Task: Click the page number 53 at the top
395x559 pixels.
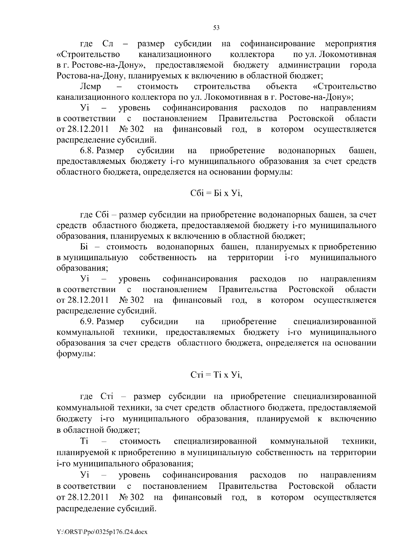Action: (216, 28)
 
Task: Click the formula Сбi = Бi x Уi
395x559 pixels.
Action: (216, 193)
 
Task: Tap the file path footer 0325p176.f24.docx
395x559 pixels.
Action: (102, 532)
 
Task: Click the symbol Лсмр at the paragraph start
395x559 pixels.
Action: (91, 87)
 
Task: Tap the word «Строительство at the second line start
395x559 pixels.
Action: (88, 54)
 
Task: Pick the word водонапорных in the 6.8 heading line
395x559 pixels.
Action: (307, 151)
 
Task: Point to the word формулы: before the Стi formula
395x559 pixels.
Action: (76, 354)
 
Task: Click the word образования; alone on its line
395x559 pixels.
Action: (82, 268)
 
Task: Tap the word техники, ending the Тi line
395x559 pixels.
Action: (359, 441)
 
